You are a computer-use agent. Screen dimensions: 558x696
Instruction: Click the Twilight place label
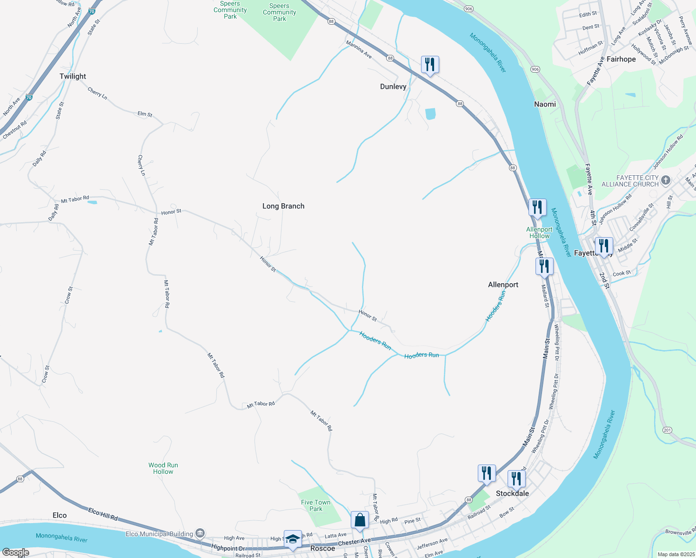click(x=73, y=76)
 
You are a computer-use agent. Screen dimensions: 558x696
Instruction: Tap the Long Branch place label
click(x=283, y=206)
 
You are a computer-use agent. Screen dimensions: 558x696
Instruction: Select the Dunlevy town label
click(x=393, y=86)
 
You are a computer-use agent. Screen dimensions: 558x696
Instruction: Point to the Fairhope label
click(x=621, y=59)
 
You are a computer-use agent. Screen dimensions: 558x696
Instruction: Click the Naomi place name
click(x=545, y=104)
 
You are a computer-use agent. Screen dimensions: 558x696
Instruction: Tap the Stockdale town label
click(x=512, y=493)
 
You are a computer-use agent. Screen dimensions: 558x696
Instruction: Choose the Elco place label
click(x=60, y=515)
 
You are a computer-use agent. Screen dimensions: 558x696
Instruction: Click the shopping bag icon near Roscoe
click(x=360, y=519)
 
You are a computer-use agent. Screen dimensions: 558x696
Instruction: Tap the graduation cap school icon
click(x=293, y=538)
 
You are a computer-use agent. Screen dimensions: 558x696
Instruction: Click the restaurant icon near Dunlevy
click(x=430, y=64)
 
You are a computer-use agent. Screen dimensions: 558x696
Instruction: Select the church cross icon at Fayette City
click(x=666, y=180)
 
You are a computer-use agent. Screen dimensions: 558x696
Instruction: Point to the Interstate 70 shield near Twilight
click(x=29, y=98)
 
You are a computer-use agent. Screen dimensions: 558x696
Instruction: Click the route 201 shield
click(x=668, y=430)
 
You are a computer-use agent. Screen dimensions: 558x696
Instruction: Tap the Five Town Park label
click(x=315, y=505)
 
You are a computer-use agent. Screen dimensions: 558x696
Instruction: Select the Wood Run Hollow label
click(x=163, y=468)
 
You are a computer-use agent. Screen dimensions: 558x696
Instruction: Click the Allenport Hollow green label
click(x=539, y=232)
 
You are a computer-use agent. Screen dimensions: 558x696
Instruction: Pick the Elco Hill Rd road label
click(x=103, y=514)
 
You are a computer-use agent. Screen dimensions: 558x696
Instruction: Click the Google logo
click(x=15, y=552)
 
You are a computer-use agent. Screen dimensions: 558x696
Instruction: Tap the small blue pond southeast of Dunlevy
click(x=430, y=114)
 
